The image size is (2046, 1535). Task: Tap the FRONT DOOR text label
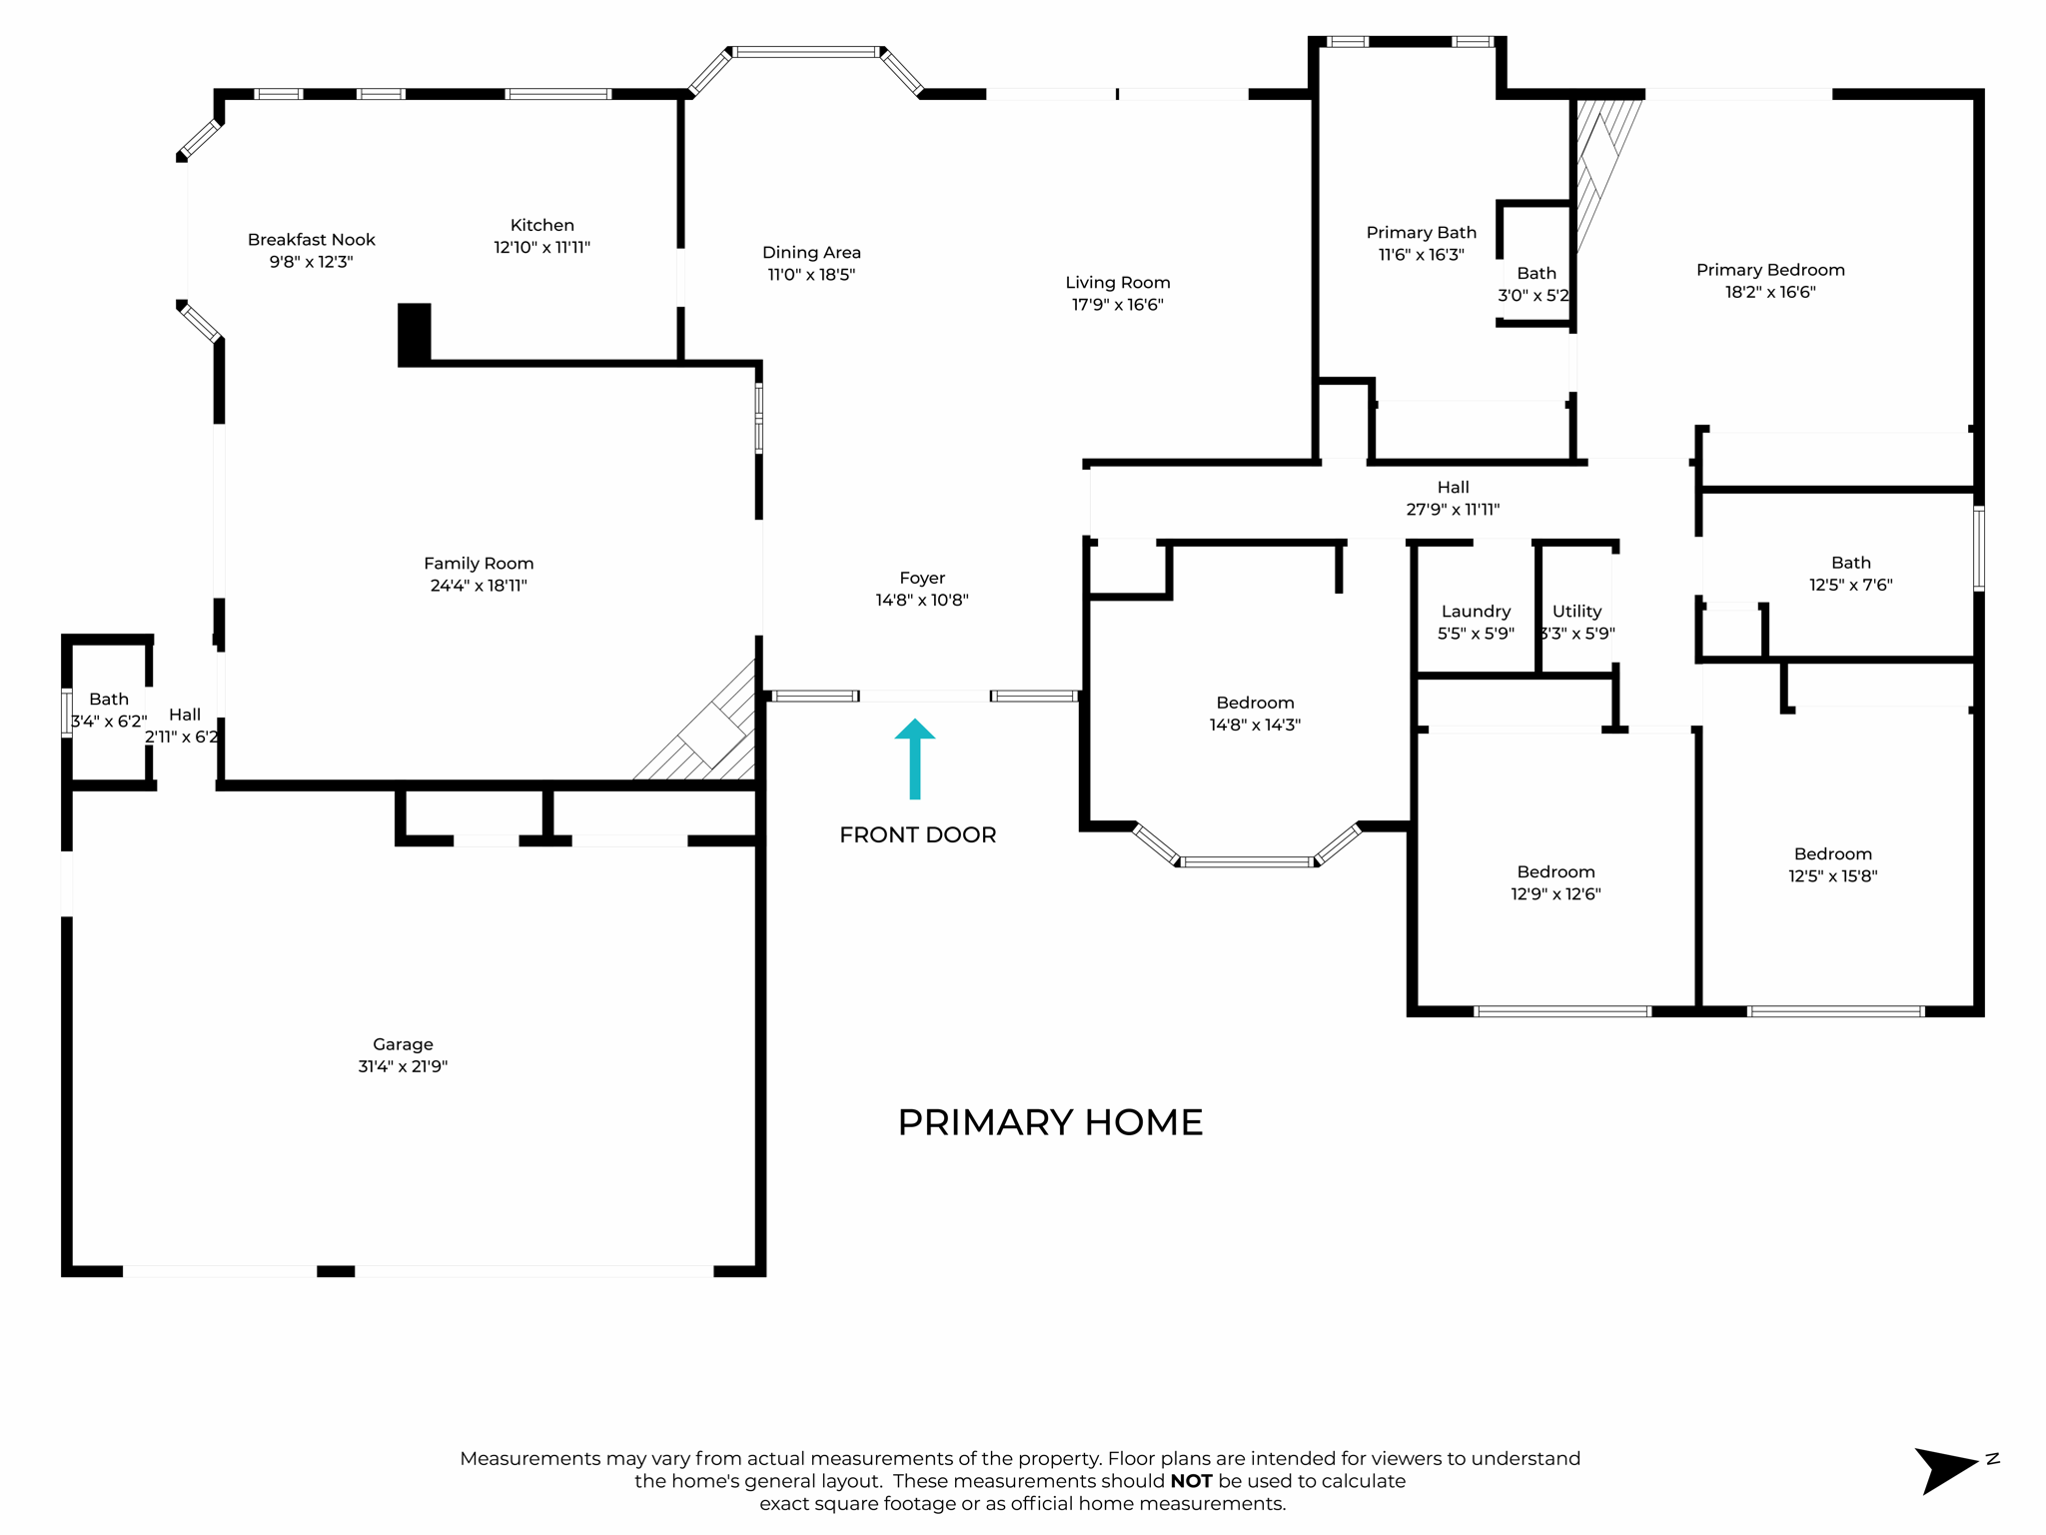[x=917, y=834]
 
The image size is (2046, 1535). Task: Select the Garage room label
[x=403, y=1044]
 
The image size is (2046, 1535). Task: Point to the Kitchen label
[x=541, y=225]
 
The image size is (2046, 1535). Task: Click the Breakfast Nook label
[x=311, y=240]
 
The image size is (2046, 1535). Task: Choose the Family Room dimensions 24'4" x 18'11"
[x=479, y=586]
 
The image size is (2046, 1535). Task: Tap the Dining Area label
[x=811, y=253]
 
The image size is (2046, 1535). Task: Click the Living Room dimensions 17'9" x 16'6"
[x=1117, y=305]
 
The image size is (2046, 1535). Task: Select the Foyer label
[x=921, y=578]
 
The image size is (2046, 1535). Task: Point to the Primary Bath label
[x=1421, y=233]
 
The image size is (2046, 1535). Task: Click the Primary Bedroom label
[x=1769, y=270]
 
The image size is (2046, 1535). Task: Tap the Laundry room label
[x=1476, y=612]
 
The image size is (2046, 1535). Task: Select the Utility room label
[x=1576, y=612]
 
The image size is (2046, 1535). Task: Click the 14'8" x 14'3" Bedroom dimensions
[x=1255, y=725]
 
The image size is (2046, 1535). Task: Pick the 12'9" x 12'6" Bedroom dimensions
[x=1555, y=893]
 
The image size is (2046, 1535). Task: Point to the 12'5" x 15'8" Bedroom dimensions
[x=1832, y=875]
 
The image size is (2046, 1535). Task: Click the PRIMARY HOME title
[x=1050, y=1122]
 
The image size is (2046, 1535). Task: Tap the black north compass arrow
[x=1943, y=1469]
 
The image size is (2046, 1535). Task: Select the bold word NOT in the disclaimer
[x=1191, y=1481]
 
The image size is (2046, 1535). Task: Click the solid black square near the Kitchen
[x=415, y=332]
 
